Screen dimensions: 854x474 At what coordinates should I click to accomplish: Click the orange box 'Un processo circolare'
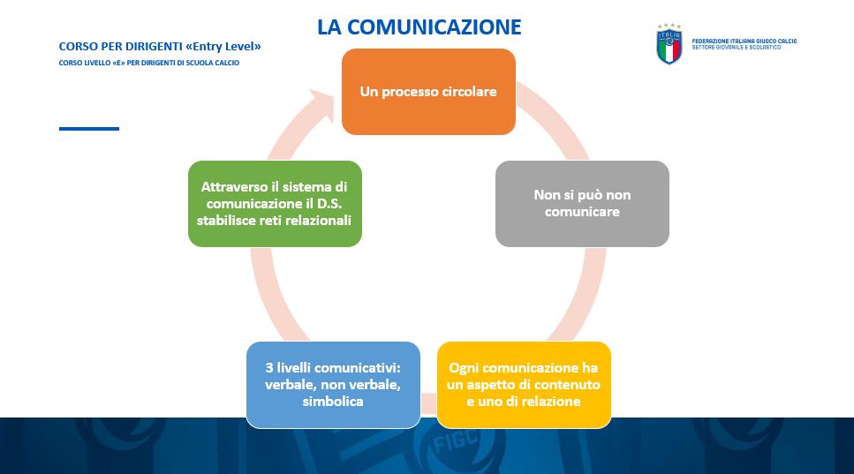click(428, 92)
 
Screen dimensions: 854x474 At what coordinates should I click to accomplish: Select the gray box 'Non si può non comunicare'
click(582, 204)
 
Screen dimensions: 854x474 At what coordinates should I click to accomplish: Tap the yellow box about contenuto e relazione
click(524, 385)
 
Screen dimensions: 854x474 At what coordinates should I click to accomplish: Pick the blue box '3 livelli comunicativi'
click(333, 385)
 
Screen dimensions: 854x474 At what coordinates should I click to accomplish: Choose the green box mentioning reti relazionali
click(275, 204)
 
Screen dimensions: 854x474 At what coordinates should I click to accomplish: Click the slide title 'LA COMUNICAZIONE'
click(419, 26)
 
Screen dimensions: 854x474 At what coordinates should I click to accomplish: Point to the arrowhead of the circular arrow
click(321, 103)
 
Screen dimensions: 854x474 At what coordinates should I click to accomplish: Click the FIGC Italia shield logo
click(669, 44)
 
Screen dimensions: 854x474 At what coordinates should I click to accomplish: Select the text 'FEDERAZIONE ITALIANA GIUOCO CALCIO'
click(744, 41)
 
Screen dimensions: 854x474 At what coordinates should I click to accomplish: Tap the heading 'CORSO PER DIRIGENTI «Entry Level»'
click(160, 47)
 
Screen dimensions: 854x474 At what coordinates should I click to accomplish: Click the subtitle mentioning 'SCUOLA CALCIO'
click(149, 63)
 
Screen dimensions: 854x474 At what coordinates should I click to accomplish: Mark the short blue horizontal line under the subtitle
click(89, 129)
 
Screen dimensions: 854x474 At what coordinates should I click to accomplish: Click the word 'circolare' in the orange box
click(469, 92)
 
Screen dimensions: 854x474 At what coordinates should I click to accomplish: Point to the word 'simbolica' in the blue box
click(333, 402)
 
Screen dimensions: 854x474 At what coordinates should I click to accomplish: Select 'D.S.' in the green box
click(329, 204)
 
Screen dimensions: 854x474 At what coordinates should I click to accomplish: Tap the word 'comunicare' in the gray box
click(582, 212)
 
